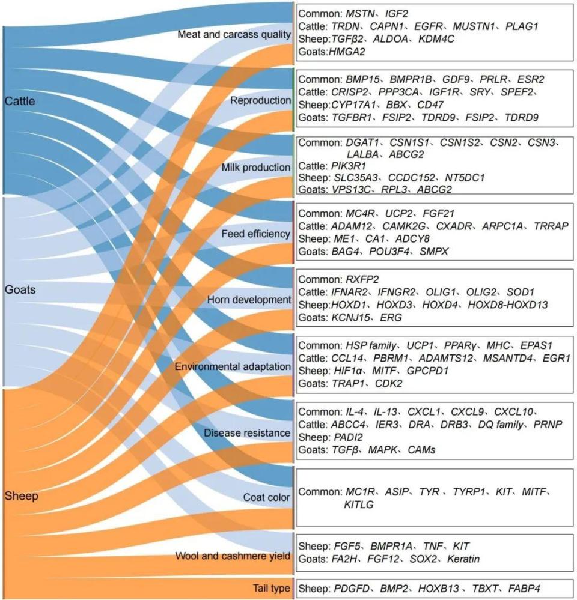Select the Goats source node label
(20, 290)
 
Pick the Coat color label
(267, 497)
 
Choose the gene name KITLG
(359, 505)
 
